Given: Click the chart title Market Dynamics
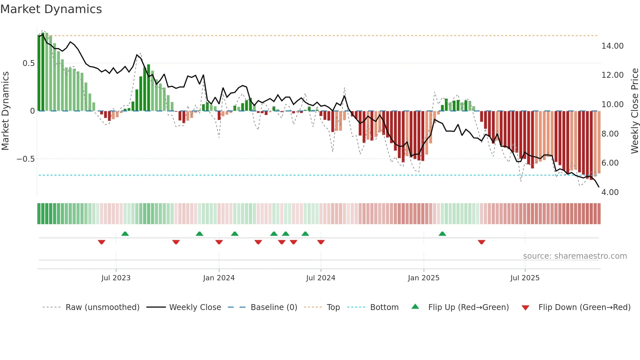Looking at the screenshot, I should (x=51, y=9).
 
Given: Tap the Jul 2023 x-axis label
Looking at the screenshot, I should (x=116, y=278).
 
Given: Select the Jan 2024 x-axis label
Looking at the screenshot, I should (x=219, y=278).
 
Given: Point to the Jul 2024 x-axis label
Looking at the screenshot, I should (x=321, y=278).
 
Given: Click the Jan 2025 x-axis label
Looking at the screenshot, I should (x=424, y=278).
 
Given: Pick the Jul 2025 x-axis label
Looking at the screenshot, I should (x=525, y=278).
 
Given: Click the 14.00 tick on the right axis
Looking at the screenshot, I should (x=612, y=46).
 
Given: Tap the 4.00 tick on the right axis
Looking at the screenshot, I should (x=610, y=192).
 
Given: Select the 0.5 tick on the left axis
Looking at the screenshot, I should (x=28, y=63).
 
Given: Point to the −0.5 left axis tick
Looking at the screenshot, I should (x=25, y=159).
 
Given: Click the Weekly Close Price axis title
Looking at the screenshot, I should (x=634, y=111).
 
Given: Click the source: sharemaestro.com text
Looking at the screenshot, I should (x=575, y=256).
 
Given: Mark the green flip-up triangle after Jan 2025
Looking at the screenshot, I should (x=442, y=234).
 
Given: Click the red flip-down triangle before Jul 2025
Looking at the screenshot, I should (x=481, y=242).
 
